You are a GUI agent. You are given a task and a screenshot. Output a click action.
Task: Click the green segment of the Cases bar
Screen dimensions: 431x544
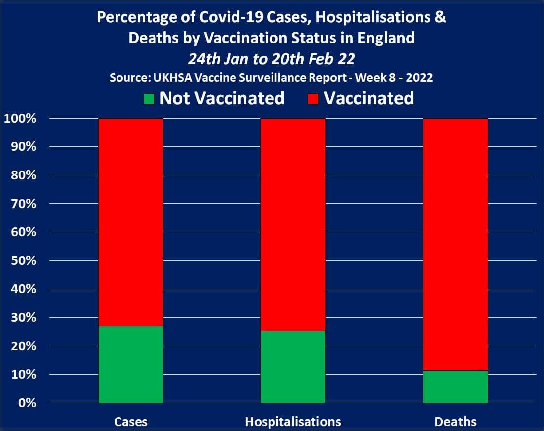click(131, 364)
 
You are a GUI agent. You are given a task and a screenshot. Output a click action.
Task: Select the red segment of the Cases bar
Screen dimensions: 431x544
click(131, 222)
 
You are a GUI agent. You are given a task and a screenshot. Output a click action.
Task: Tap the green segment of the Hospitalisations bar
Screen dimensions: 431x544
click(293, 367)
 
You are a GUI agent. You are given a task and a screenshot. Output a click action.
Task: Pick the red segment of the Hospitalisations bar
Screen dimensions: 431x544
click(293, 224)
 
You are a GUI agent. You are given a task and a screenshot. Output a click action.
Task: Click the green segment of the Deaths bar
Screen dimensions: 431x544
click(455, 387)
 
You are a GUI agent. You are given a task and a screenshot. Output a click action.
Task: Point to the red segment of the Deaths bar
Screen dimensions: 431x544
click(455, 244)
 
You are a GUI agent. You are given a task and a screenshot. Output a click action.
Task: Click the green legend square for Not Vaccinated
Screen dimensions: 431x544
click(149, 99)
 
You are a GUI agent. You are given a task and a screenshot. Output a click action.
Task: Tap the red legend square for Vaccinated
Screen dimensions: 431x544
click(314, 99)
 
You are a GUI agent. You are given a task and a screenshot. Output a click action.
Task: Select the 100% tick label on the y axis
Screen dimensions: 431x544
click(20, 119)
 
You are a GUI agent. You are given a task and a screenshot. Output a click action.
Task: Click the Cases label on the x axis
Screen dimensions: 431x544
click(131, 422)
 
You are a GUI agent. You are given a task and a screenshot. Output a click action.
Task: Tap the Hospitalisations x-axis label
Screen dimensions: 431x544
click(293, 422)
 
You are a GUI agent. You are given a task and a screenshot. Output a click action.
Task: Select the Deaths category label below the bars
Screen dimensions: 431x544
click(456, 422)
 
